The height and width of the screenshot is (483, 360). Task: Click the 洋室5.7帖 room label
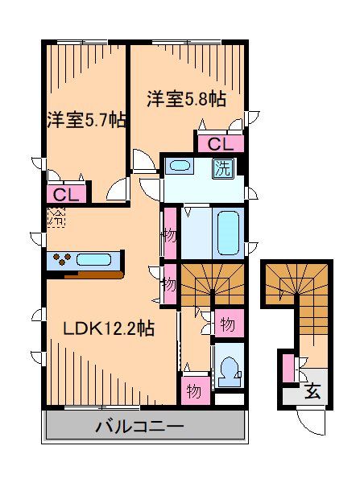click(x=85, y=121)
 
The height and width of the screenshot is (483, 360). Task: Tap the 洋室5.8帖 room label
click(x=186, y=100)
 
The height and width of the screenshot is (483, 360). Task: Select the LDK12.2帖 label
click(x=110, y=328)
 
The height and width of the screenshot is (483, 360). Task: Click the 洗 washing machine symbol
click(x=221, y=168)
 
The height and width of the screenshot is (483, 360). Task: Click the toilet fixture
click(x=227, y=369)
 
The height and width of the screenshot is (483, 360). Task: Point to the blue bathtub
click(x=228, y=232)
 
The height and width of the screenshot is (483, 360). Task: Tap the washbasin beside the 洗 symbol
click(x=180, y=167)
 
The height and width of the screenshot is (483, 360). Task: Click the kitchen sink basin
click(x=95, y=259)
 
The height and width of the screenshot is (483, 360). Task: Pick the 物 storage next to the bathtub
click(x=169, y=235)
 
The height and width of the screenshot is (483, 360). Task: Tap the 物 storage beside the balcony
click(x=193, y=390)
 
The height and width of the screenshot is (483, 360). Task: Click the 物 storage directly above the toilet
click(x=226, y=324)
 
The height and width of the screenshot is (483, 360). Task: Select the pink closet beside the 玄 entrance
click(x=288, y=369)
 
